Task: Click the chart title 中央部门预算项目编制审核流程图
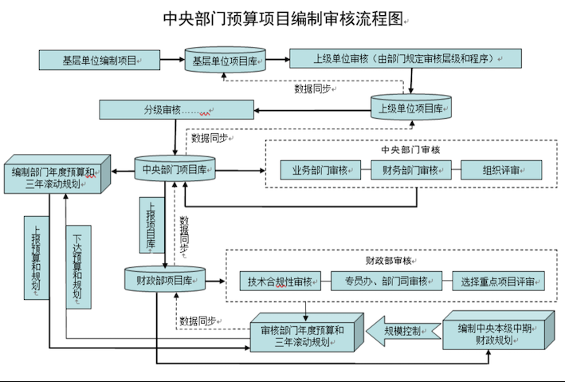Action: [x=282, y=18]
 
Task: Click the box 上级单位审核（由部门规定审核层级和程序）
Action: [x=405, y=59]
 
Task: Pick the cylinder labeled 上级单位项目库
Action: [x=411, y=108]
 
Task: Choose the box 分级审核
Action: [x=176, y=108]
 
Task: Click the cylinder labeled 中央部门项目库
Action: [x=175, y=168]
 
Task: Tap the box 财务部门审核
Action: [x=410, y=170]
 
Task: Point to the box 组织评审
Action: [x=501, y=170]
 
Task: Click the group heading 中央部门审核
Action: [x=410, y=149]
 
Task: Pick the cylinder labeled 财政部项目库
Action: [x=165, y=280]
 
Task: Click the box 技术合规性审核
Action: [x=280, y=281]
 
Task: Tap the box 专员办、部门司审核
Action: [x=386, y=281]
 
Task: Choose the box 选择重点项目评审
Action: [x=497, y=281]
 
